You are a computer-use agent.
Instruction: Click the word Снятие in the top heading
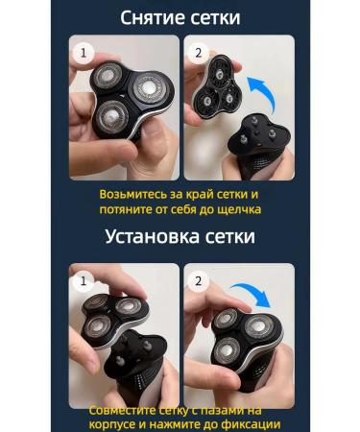coord(153,18)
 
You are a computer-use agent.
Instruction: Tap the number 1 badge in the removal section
coord(83,53)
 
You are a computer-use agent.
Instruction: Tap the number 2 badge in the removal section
coord(199,53)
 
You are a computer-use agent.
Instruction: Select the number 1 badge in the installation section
coord(83,281)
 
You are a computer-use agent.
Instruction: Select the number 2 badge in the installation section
coord(199,281)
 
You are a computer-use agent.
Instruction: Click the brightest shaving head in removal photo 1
coord(148,87)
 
